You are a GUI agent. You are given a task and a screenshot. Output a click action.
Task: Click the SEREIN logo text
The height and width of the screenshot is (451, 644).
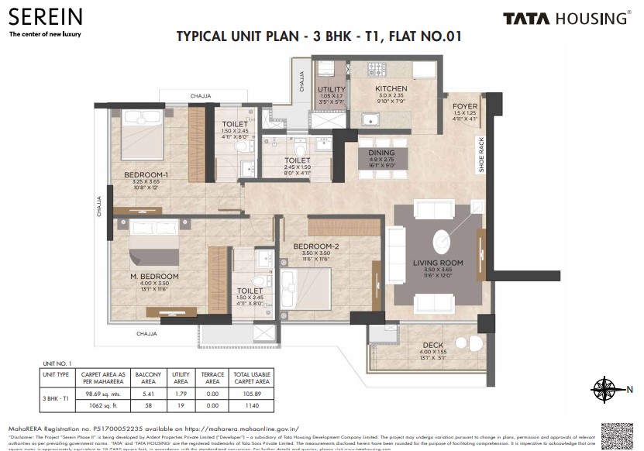[x=45, y=18]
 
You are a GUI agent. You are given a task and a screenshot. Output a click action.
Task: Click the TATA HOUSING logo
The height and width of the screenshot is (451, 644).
[x=566, y=19]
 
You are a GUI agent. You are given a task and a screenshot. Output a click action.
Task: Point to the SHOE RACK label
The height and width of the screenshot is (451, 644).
[x=481, y=155]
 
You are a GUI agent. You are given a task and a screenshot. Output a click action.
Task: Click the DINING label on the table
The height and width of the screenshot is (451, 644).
[x=381, y=153]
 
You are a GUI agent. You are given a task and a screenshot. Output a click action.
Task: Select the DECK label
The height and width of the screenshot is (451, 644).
[x=432, y=346]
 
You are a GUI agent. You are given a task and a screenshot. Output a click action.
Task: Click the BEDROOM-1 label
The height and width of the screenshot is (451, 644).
[x=146, y=174]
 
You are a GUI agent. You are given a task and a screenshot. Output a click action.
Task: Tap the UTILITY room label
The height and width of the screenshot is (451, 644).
[x=331, y=89]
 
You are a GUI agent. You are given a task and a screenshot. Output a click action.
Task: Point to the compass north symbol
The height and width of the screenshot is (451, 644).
[x=604, y=389]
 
